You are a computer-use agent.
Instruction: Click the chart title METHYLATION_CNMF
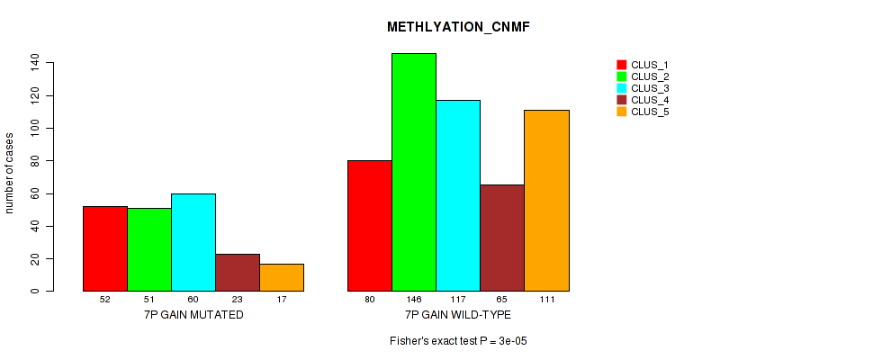click(458, 27)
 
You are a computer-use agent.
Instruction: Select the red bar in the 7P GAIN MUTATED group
click(105, 248)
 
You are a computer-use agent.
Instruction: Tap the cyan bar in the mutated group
click(193, 242)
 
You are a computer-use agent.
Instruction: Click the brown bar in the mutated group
click(238, 272)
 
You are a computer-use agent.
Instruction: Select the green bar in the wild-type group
click(414, 172)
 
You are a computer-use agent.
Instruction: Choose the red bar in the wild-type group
click(370, 226)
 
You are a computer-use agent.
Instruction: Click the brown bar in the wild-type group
click(502, 238)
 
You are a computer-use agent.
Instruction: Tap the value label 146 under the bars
click(414, 300)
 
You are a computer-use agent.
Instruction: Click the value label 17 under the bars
click(282, 300)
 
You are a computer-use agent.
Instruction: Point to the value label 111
click(546, 300)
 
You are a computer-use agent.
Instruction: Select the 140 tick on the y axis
click(34, 62)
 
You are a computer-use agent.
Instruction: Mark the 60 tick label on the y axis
click(34, 193)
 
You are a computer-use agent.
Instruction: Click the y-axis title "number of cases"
click(10, 173)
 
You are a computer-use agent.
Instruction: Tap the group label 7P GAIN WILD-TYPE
click(458, 315)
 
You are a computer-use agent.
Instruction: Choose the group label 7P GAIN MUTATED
click(193, 315)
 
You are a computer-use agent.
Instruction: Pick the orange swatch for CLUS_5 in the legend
click(621, 112)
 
